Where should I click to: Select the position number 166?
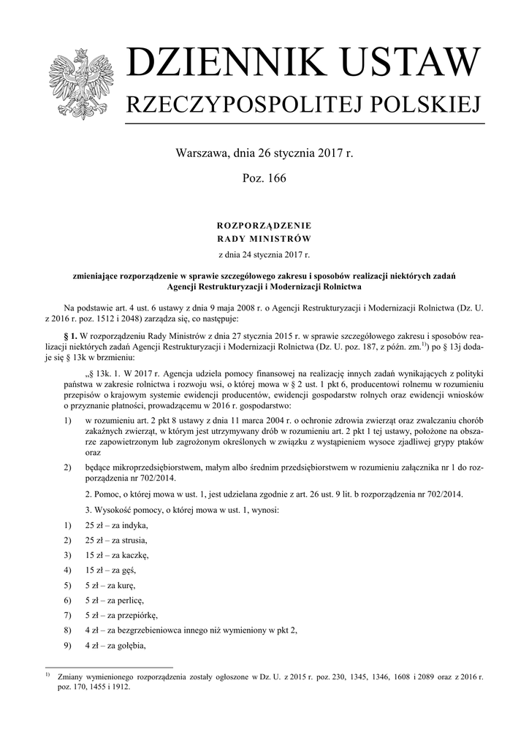tap(275, 178)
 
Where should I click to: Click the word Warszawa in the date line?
tap(202, 154)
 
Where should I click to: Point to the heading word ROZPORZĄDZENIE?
tap(264, 226)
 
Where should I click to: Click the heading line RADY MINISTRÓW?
tap(264, 239)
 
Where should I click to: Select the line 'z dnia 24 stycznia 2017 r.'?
tap(264, 255)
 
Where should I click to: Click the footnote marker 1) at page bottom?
tap(47, 676)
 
